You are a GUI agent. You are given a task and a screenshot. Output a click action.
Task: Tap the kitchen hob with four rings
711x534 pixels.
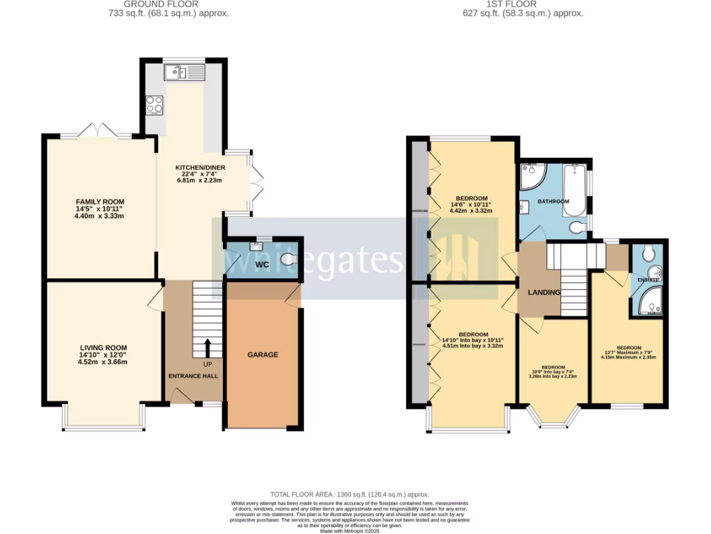154,104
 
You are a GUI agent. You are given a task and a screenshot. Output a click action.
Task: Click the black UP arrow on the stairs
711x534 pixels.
208,347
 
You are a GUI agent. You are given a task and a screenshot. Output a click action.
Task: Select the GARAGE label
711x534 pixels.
262,355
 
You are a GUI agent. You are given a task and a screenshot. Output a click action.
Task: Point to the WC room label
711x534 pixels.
262,265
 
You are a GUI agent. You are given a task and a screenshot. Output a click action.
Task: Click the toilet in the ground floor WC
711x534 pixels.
290,260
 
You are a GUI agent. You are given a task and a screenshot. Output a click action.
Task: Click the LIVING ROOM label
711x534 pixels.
103,348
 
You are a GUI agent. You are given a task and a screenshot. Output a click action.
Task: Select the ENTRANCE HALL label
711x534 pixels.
193,375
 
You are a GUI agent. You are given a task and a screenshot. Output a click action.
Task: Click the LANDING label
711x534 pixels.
543,292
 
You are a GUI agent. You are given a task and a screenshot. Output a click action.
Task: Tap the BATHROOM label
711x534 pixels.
553,202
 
